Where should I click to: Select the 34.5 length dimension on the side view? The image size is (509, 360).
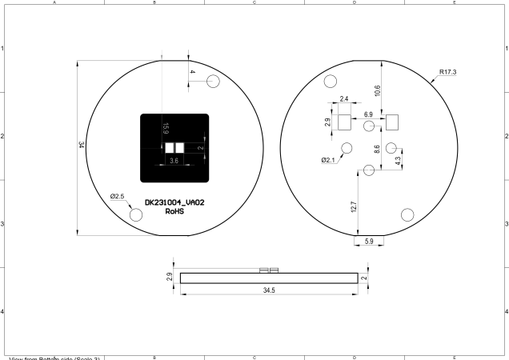(x=268, y=290)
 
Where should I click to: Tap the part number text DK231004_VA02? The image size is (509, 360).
(x=174, y=203)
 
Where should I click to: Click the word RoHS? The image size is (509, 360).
(x=175, y=213)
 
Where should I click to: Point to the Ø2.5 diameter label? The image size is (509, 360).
(x=118, y=196)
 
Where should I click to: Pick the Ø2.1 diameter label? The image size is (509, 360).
(x=330, y=160)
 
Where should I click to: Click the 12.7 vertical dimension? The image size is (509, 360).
(x=355, y=206)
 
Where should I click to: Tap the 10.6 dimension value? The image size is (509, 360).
(x=377, y=90)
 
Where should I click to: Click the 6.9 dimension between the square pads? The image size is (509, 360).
(x=368, y=115)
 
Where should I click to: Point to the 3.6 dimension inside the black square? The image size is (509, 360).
(x=174, y=161)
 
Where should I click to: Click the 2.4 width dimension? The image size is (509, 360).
(x=343, y=99)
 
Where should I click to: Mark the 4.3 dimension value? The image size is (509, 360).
(x=399, y=159)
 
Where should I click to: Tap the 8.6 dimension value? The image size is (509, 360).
(x=377, y=149)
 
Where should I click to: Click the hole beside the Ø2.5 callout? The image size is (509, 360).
(x=136, y=214)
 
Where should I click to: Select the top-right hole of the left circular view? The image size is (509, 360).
(x=214, y=82)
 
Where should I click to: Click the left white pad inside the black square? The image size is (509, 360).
(x=170, y=147)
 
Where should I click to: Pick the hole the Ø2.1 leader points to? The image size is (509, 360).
(x=347, y=148)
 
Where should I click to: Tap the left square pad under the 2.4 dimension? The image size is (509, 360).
(x=343, y=122)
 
